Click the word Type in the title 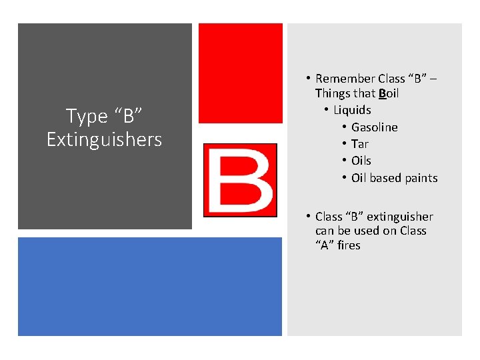87,117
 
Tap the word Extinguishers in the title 104,139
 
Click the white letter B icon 240,180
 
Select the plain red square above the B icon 241,73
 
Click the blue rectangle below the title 151,287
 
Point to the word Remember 345,79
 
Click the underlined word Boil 389,93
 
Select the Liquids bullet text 352,110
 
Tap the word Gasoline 374,127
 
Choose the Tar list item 360,144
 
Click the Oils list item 361,161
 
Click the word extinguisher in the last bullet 400,217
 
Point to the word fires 349,245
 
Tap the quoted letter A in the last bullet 325,245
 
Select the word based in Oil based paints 385,178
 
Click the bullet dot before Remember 308,79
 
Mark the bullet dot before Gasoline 343,127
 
